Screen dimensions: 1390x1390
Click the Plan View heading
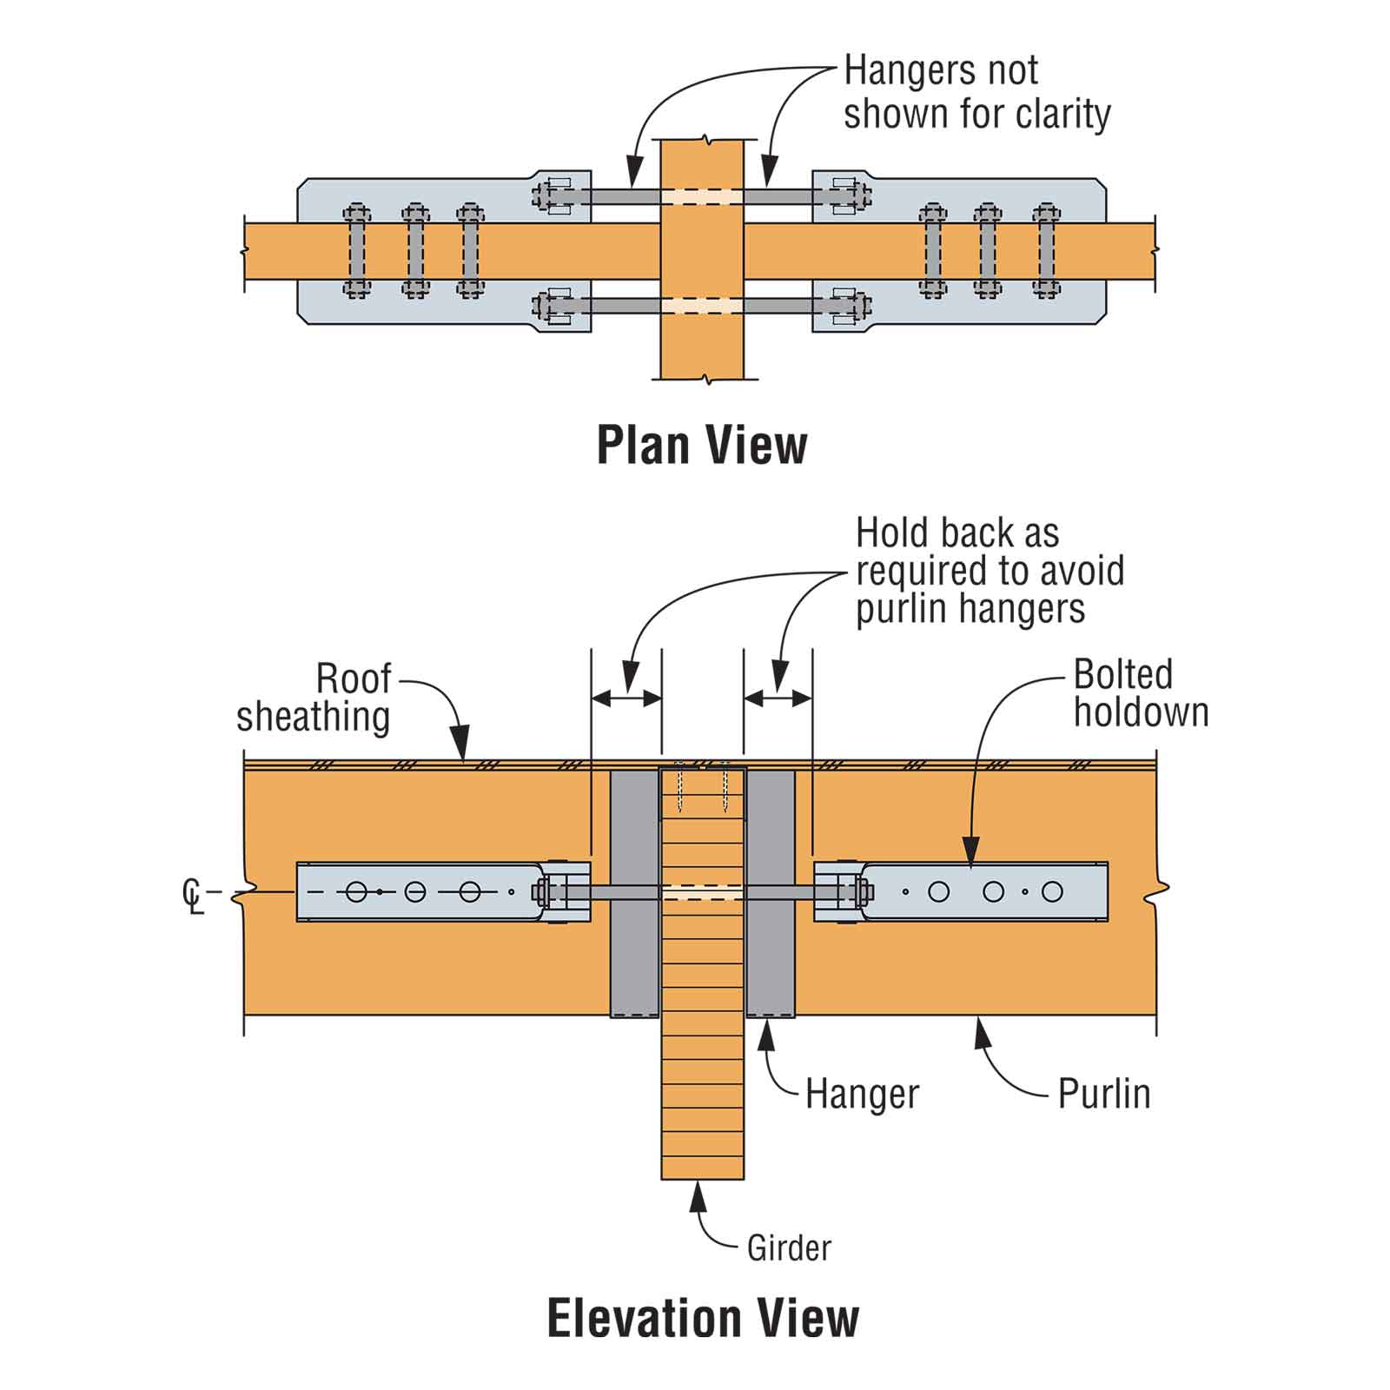click(702, 446)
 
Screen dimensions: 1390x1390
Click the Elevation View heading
click(703, 1318)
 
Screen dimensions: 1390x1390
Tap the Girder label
click(789, 1248)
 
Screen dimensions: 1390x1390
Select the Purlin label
click(1103, 1094)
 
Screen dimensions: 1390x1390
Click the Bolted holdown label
click(1141, 693)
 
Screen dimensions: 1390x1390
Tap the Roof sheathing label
click(314, 698)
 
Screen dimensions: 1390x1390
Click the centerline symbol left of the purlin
click(193, 897)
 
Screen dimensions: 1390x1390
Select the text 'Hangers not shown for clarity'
click(976, 92)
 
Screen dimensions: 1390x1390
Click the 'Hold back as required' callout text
click(990, 571)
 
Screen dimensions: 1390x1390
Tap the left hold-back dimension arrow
click(626, 698)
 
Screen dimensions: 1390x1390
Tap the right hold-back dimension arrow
click(778, 698)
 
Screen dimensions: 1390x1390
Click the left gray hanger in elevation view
click(635, 893)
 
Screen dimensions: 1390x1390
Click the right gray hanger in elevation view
click(771, 893)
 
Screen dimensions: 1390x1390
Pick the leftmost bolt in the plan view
click(356, 251)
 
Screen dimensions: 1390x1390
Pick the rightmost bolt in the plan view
click(1046, 251)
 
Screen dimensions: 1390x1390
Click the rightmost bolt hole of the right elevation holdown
click(1052, 891)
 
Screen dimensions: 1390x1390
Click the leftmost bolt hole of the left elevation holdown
click(356, 891)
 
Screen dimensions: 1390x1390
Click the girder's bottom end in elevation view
click(703, 1179)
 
